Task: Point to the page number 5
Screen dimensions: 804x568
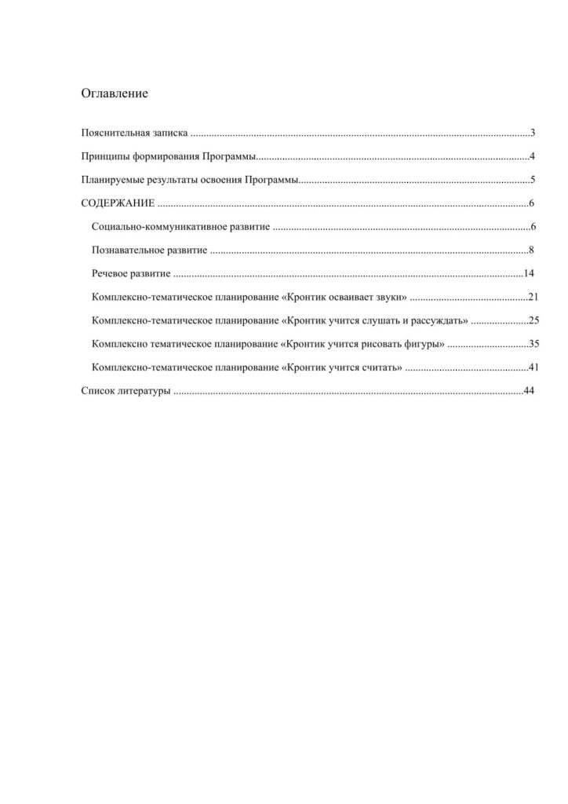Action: click(x=532, y=181)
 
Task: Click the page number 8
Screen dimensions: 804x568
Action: click(x=531, y=250)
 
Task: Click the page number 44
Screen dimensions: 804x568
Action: click(x=528, y=391)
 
